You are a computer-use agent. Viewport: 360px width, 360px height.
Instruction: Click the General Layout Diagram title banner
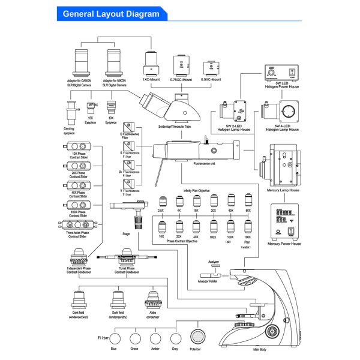coord(111,13)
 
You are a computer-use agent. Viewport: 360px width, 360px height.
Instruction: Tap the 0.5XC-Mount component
coord(210,66)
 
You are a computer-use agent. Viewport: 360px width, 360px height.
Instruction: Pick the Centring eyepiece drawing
coord(70,113)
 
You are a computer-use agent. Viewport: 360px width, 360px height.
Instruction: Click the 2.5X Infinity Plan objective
coord(161,202)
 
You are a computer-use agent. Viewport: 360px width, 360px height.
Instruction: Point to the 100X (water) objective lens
coord(247,227)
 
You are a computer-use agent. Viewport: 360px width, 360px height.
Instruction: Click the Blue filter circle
coord(113,338)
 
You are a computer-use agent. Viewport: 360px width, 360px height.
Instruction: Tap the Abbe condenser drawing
coord(154,298)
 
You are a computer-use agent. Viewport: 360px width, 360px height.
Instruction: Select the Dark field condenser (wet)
coord(79,298)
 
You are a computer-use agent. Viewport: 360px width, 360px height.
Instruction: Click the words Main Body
coord(260,349)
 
